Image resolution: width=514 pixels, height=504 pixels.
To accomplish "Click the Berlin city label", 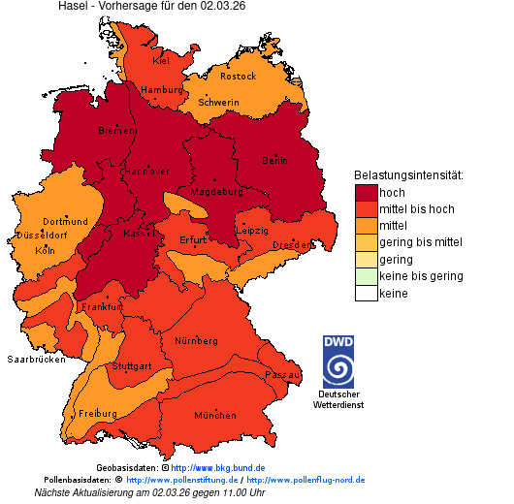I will pos(275,161).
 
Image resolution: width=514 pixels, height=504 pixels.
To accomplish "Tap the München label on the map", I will pos(215,416).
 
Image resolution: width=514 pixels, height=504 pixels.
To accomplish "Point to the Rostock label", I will pos(238,77).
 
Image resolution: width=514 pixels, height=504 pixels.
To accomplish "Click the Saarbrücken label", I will pos(36,359).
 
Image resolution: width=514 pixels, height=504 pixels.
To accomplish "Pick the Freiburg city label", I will pos(98,414).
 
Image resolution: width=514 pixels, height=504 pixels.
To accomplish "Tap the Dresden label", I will pos(292,246).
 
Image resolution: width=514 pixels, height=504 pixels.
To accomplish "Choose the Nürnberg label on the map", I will pos(197,342).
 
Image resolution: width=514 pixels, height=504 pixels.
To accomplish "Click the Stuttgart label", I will pos(132,366).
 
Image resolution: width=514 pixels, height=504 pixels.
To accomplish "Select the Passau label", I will pos(283,374).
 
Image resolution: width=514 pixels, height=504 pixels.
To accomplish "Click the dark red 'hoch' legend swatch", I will pos(366,192).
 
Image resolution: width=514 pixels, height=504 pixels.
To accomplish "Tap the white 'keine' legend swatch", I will pos(366,293).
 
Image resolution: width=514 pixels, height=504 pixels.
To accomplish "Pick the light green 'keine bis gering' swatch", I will pos(366,276).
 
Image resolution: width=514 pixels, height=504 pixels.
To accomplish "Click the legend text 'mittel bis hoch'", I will pos(416,209).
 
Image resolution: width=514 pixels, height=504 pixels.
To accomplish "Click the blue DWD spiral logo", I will pos(338,362).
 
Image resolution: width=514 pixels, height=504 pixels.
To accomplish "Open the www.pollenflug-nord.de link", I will pos(305,480).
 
